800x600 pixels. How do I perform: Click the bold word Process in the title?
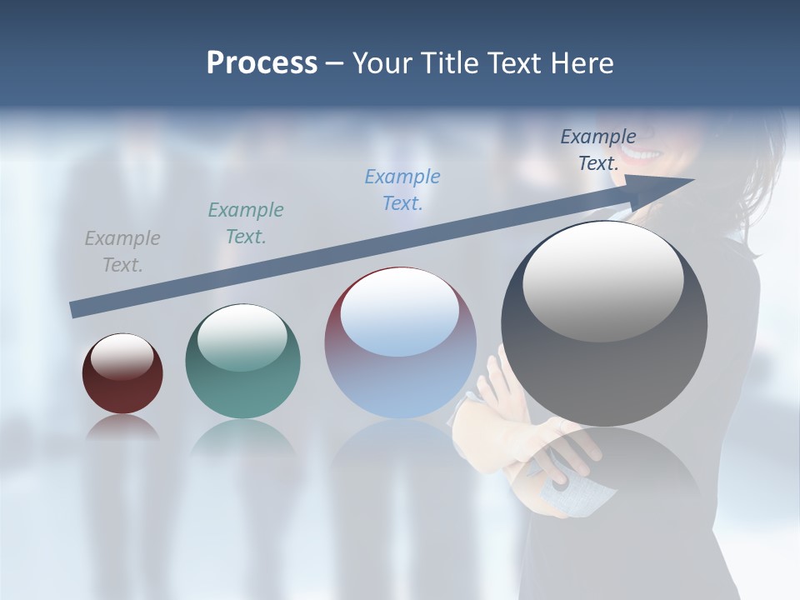pyautogui.click(x=262, y=63)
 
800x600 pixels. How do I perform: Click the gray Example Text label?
pyautogui.click(x=122, y=252)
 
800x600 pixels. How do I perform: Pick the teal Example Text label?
pyautogui.click(x=246, y=223)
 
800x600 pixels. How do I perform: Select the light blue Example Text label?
pyautogui.click(x=402, y=190)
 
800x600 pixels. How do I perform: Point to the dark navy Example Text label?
pyautogui.click(x=598, y=150)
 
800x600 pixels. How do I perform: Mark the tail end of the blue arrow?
pyautogui.click(x=75, y=309)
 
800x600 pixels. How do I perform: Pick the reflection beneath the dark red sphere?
pyautogui.click(x=122, y=427)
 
